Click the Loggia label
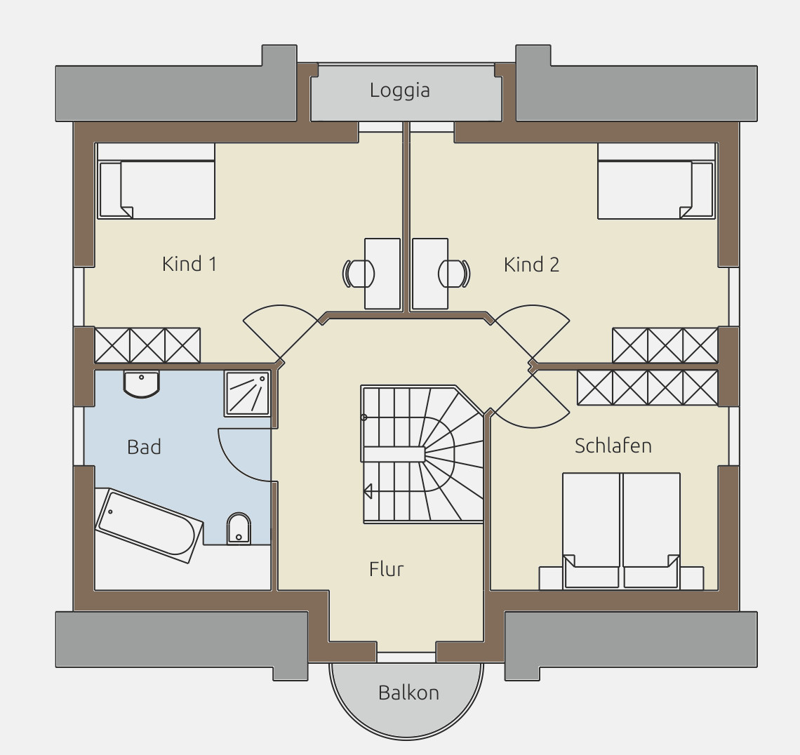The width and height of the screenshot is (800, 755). click(399, 91)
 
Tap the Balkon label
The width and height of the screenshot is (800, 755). click(408, 693)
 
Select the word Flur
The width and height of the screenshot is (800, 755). click(386, 569)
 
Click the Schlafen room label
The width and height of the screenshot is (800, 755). click(613, 446)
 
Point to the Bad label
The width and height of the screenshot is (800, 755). click(144, 447)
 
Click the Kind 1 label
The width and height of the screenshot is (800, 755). click(189, 264)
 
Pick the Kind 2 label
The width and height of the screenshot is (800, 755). click(531, 265)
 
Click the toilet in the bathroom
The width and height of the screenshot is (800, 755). click(239, 528)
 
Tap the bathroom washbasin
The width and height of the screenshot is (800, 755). click(141, 384)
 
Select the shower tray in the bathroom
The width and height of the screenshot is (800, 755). click(247, 393)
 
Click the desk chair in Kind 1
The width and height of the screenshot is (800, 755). click(358, 274)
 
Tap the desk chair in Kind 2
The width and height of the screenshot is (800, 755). click(454, 274)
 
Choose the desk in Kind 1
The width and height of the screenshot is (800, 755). click(382, 274)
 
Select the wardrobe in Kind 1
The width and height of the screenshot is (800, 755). click(147, 345)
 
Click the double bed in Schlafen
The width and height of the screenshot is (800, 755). click(622, 530)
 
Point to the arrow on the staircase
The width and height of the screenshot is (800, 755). click(367, 490)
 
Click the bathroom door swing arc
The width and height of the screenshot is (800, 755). click(236, 462)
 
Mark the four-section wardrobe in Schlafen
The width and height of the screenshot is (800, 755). click(648, 388)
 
